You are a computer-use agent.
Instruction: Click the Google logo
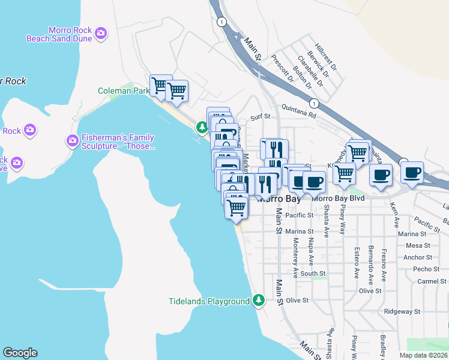point(20,353)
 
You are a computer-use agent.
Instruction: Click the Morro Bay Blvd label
point(339,199)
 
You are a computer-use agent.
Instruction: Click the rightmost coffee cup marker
point(412,173)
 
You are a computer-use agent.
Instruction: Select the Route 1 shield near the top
point(222,22)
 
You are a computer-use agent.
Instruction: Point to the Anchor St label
point(418,257)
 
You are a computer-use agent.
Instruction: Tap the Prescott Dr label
point(281,68)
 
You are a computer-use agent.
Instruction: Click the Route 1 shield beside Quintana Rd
point(315,103)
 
